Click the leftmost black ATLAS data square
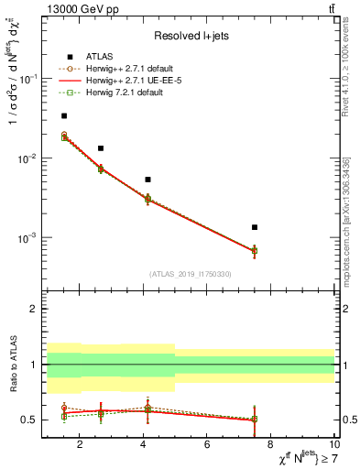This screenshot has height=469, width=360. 63,116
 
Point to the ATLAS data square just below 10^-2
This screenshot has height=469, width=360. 101,148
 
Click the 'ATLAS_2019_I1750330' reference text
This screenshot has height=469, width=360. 191,274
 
